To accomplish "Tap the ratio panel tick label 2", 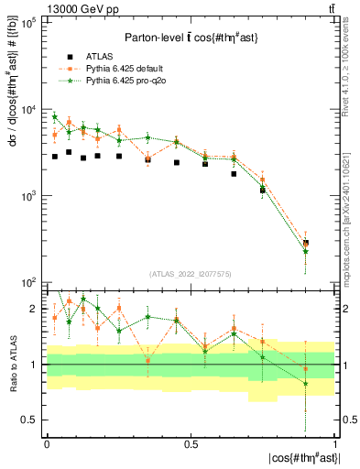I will click(x=34, y=310).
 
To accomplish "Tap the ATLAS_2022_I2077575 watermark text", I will click(x=190, y=274).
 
